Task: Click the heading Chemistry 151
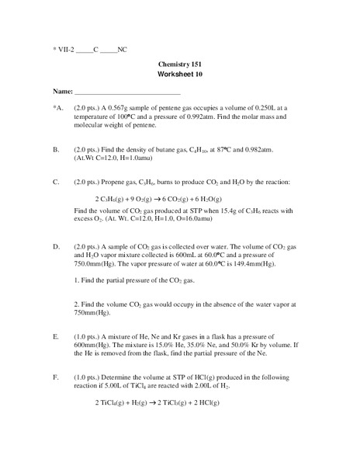pos(179,65)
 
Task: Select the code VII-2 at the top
pos(64,49)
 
